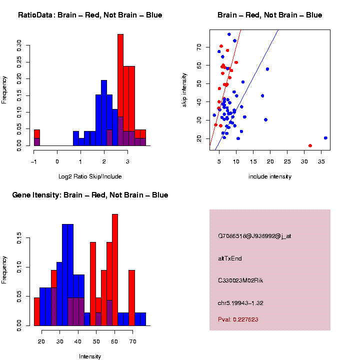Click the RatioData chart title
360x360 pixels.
(90, 15)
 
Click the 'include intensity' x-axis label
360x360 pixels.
(270, 176)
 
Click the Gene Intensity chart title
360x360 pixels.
(90, 195)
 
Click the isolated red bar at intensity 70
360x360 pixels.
(131, 298)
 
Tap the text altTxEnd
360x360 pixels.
(230, 258)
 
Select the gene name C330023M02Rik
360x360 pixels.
(240, 280)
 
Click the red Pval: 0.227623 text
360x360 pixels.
(238, 319)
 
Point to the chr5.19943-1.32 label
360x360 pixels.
(240, 303)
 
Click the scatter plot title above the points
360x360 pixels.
(270, 15)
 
